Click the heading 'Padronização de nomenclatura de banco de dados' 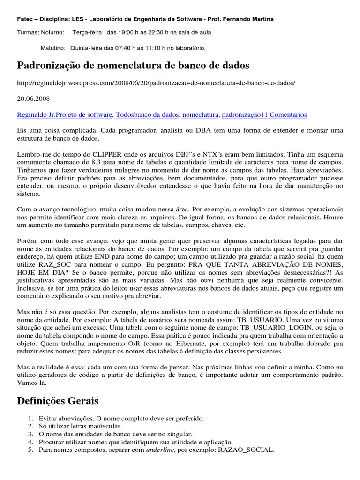coord(133,65)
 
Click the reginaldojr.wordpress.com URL coord(156,83)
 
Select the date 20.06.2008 coord(33,99)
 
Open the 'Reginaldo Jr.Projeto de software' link coord(65,114)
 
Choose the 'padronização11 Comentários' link coord(264,114)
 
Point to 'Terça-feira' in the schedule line coord(88,32)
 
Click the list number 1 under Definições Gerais coord(30,418)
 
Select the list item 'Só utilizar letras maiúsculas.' coord(81,426)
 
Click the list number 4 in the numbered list coord(30,442)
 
